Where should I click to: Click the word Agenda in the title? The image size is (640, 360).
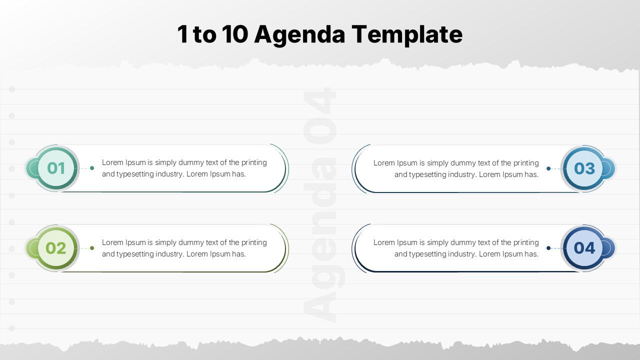(299, 35)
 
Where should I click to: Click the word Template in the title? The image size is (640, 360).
(407, 35)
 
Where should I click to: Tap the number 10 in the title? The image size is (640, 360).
(235, 34)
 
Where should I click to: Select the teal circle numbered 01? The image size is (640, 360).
(56, 168)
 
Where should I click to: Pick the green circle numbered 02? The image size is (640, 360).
(56, 248)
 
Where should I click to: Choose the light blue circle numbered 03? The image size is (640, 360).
(584, 168)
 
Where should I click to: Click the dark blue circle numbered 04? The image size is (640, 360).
(584, 248)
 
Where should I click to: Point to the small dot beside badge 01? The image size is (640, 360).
(92, 168)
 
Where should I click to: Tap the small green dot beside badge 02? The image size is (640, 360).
(92, 248)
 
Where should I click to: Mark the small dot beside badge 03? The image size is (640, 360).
(548, 168)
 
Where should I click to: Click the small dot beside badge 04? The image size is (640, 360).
(548, 248)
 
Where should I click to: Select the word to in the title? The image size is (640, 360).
(204, 35)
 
